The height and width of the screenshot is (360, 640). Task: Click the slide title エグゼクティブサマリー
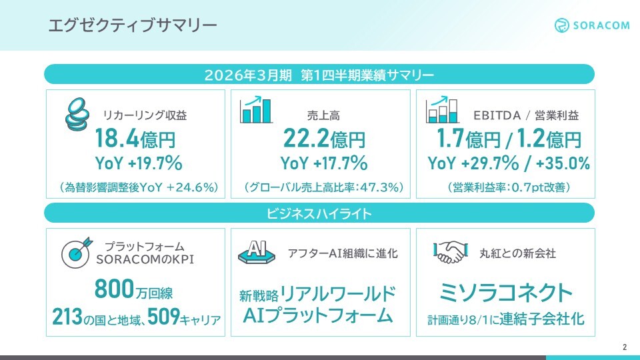click(133, 25)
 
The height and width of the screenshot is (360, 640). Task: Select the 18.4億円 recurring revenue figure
click(139, 139)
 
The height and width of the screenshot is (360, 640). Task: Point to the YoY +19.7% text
click(139, 163)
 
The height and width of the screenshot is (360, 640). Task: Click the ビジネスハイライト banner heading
click(319, 213)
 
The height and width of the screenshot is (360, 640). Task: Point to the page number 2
click(625, 347)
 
